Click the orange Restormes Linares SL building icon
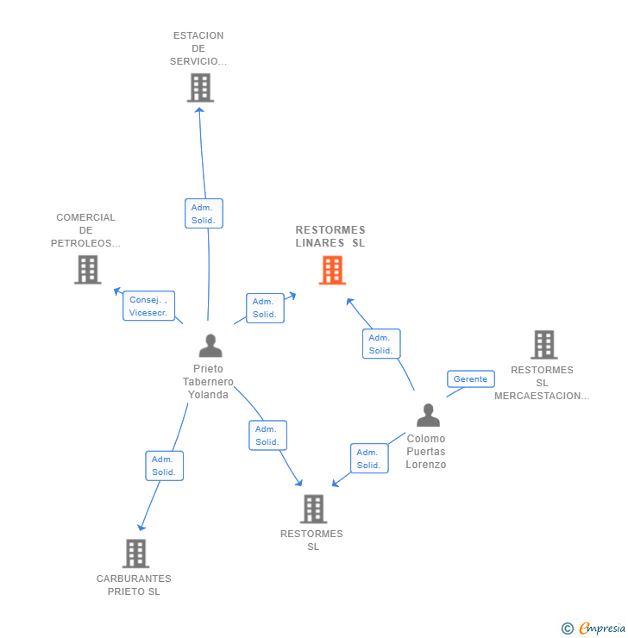[332, 270]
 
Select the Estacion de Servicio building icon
[200, 88]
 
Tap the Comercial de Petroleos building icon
[87, 270]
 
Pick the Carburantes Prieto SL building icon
[135, 554]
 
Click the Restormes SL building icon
[313, 509]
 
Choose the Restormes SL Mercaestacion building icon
[543, 345]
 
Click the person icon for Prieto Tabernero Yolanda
[210, 346]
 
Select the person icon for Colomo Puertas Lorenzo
[428, 416]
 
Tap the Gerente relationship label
[470, 379]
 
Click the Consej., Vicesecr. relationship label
[148, 306]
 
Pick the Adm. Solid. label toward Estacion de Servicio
[204, 214]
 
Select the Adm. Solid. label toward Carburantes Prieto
[164, 466]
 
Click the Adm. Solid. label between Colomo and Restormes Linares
[380, 344]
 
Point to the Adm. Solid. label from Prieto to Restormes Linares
[265, 308]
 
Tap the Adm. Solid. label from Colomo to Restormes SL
[368, 459]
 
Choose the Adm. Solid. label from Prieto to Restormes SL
[267, 435]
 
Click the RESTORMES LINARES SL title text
[330, 236]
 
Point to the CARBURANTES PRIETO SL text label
[134, 585]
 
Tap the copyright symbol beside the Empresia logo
[567, 629]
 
